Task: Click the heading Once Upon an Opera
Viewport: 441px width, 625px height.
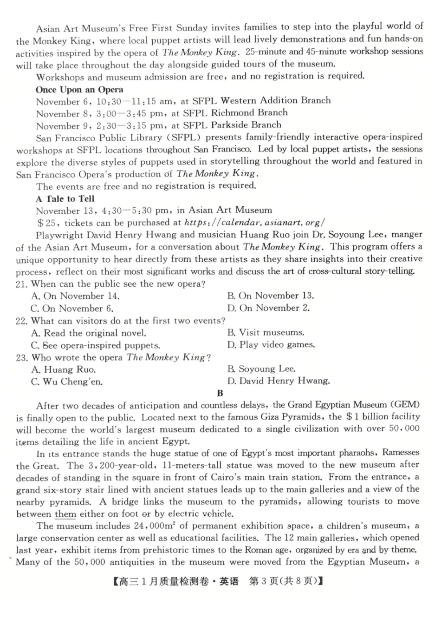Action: coord(79,90)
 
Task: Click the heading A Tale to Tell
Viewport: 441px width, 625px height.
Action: coord(65,198)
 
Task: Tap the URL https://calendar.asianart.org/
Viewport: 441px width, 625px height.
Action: coord(254,222)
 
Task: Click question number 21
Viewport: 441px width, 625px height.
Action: coord(21,284)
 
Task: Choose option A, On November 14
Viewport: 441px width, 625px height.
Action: coord(75,296)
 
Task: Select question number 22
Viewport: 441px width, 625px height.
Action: coord(21,321)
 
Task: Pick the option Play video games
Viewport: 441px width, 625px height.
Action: coord(271,345)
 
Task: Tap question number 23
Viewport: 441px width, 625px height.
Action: coord(21,357)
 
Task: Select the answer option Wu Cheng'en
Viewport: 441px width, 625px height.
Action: coord(67,382)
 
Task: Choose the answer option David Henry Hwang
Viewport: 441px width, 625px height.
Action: coord(279,381)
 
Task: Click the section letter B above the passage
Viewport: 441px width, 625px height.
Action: coord(220,393)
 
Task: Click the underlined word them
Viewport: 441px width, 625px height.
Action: coord(65,514)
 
